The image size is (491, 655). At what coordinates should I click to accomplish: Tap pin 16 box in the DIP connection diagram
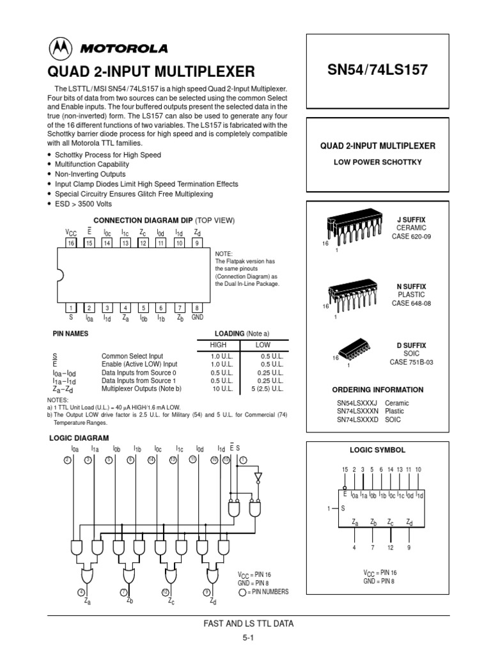72,244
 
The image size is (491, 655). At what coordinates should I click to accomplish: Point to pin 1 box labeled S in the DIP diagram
72,308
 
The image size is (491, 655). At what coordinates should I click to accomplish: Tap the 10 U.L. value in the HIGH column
219,388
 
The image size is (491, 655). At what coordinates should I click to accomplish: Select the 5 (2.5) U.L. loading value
263,388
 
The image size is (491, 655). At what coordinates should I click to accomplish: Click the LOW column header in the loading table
263,345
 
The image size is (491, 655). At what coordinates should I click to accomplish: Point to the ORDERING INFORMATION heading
377,390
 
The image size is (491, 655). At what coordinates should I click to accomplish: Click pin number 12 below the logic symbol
390,548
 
